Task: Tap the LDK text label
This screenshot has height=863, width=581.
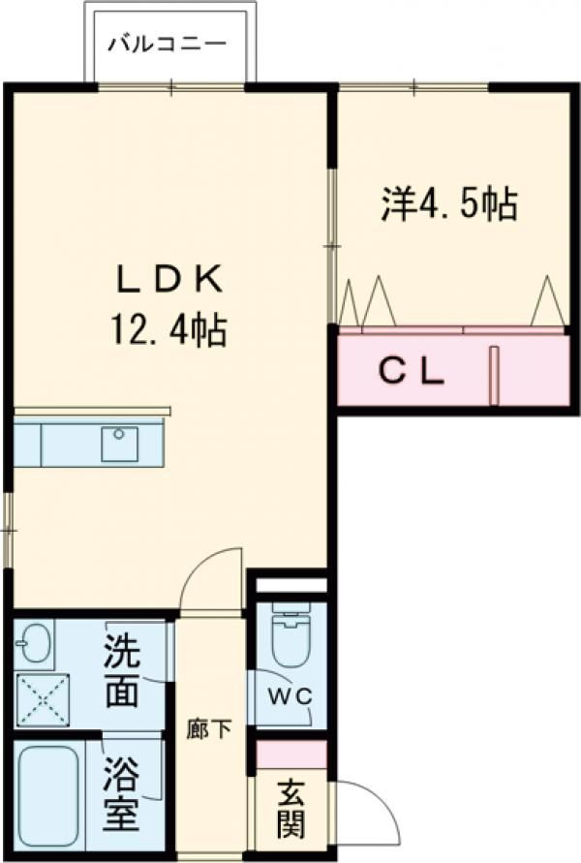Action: click(x=170, y=280)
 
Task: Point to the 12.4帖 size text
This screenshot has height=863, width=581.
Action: click(x=170, y=332)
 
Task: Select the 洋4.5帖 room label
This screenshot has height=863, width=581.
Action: click(x=448, y=204)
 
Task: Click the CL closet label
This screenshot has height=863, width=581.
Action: click(x=411, y=371)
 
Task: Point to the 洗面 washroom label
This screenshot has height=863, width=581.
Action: click(x=121, y=669)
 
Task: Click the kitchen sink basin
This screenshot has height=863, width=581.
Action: click(x=119, y=444)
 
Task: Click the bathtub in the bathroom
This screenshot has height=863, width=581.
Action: click(x=49, y=796)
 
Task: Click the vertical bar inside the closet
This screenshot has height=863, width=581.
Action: click(x=493, y=375)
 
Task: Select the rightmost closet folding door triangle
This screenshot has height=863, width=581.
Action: click(x=549, y=302)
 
